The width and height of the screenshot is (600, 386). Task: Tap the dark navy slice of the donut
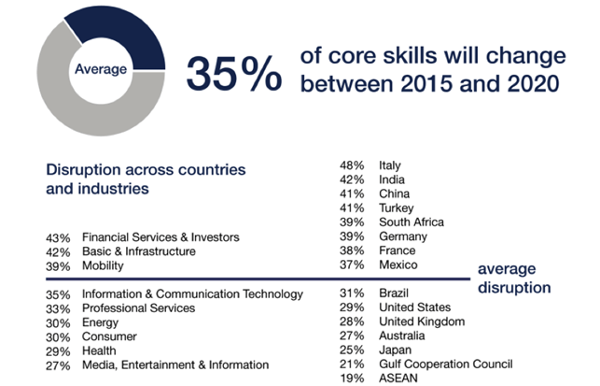pyautogui.click(x=140, y=37)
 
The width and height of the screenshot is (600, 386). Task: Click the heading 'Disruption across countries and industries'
pyautogui.click(x=146, y=179)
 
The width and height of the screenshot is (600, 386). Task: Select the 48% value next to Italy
pyautogui.click(x=351, y=165)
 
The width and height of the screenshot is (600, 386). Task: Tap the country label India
pyautogui.click(x=393, y=179)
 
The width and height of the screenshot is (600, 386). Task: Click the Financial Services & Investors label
pyautogui.click(x=160, y=237)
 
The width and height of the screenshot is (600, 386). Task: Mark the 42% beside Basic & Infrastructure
pyautogui.click(x=58, y=251)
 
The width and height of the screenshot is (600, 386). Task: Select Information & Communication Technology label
pyautogui.click(x=192, y=294)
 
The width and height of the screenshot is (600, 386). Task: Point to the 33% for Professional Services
pyautogui.click(x=58, y=308)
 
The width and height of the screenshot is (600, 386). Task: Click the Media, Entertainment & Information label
pyautogui.click(x=175, y=365)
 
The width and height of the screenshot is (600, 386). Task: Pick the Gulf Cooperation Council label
pyautogui.click(x=445, y=365)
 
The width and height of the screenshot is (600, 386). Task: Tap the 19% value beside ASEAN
pyautogui.click(x=351, y=379)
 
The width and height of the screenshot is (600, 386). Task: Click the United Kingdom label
pyautogui.click(x=421, y=322)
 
